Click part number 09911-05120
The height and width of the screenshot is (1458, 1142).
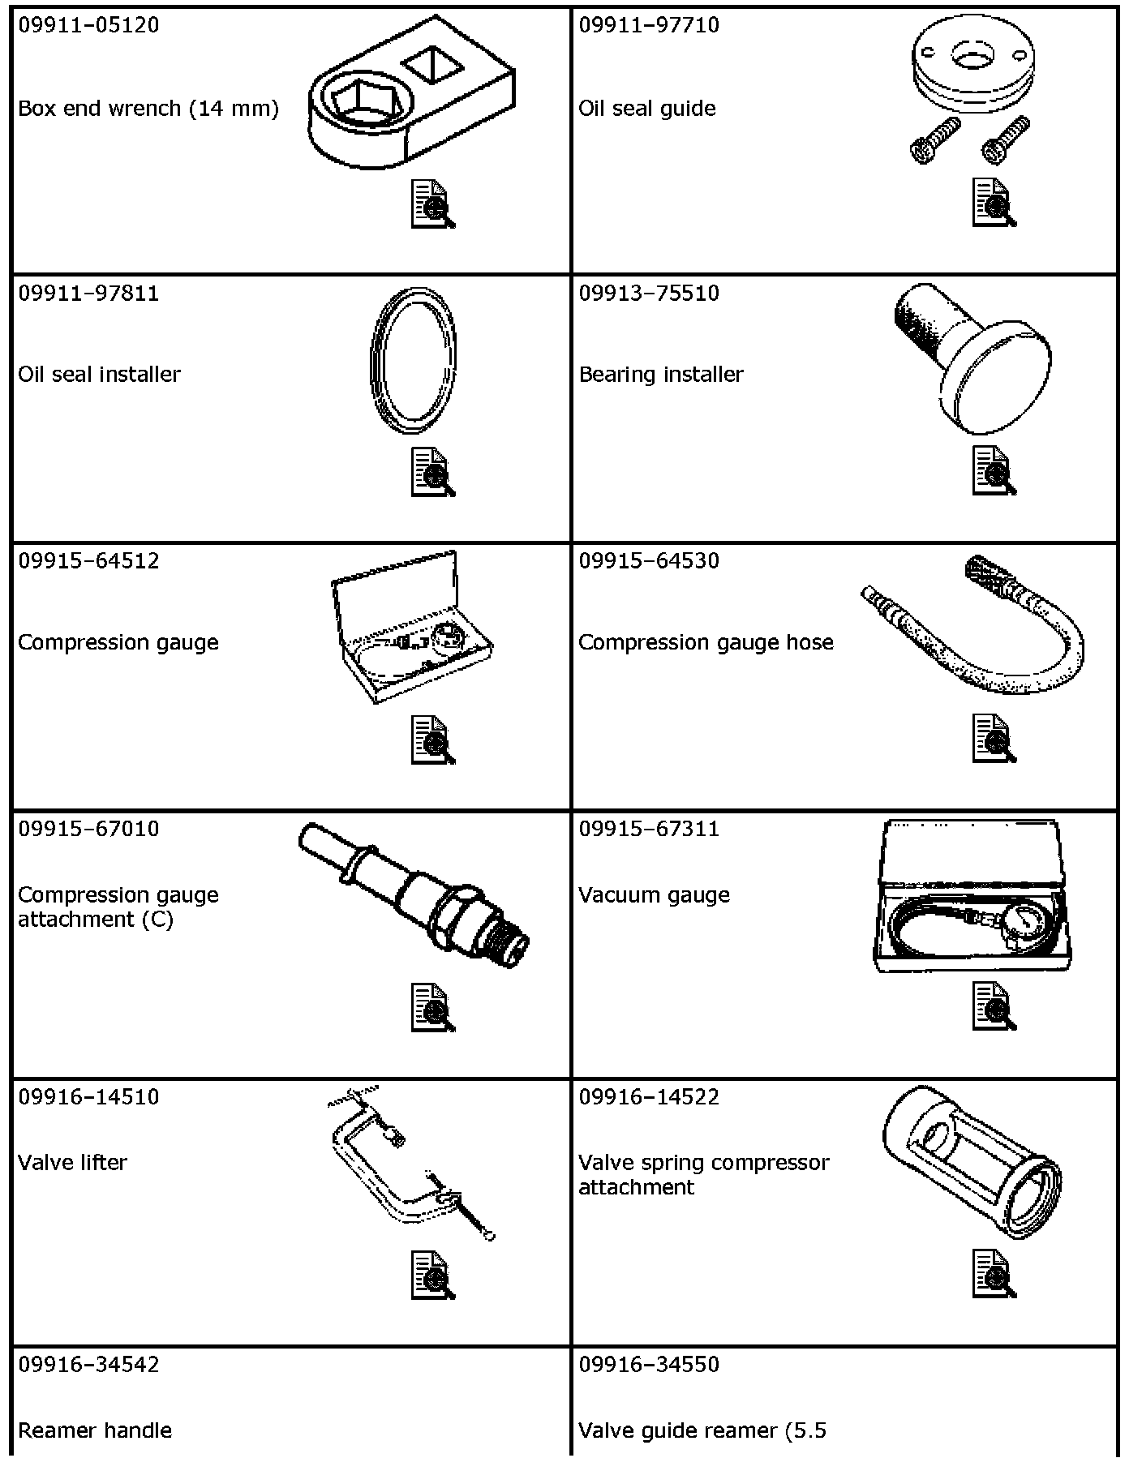tap(89, 25)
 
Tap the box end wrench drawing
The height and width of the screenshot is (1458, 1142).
tap(411, 96)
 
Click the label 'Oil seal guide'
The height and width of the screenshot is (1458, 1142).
tap(647, 109)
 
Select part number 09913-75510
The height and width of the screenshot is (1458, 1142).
tap(649, 293)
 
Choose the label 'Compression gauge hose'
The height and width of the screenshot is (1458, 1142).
tap(706, 642)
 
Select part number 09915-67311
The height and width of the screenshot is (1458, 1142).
tap(649, 829)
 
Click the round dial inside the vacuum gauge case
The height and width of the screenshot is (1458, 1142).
tap(1013, 923)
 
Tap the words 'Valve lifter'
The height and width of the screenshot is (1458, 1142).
tap(72, 1162)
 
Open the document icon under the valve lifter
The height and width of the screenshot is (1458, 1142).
tap(433, 1275)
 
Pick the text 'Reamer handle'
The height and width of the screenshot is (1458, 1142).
tap(95, 1430)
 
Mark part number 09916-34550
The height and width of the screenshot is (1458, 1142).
tap(649, 1364)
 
